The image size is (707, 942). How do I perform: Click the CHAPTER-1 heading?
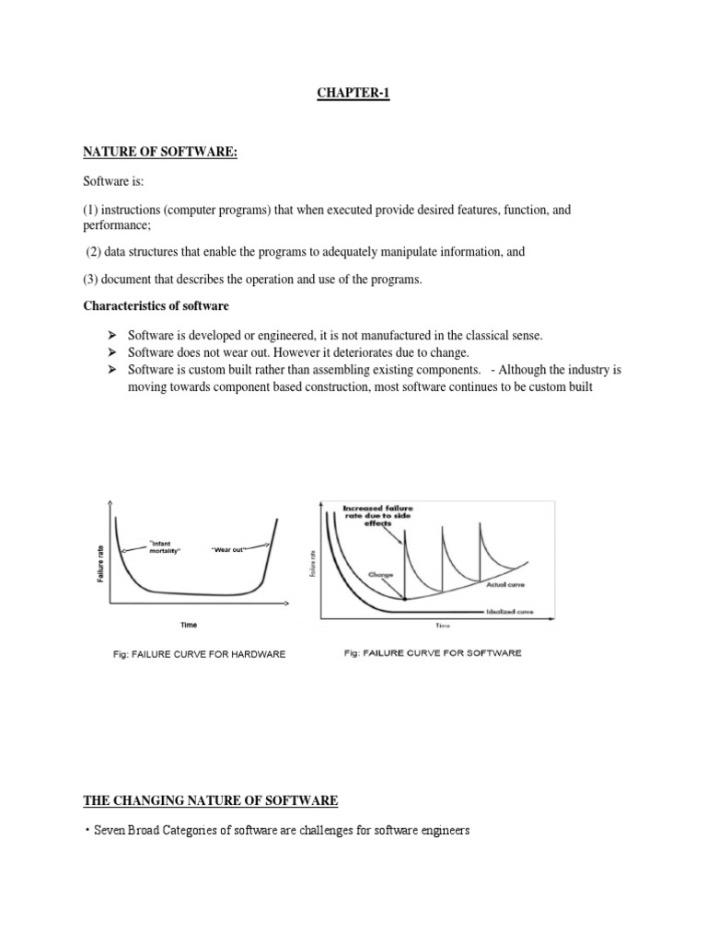tap(353, 94)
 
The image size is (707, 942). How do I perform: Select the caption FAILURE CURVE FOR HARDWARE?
tap(199, 654)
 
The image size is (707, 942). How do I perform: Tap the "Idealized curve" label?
tap(508, 610)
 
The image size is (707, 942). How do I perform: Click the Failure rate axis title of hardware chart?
tap(100, 562)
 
